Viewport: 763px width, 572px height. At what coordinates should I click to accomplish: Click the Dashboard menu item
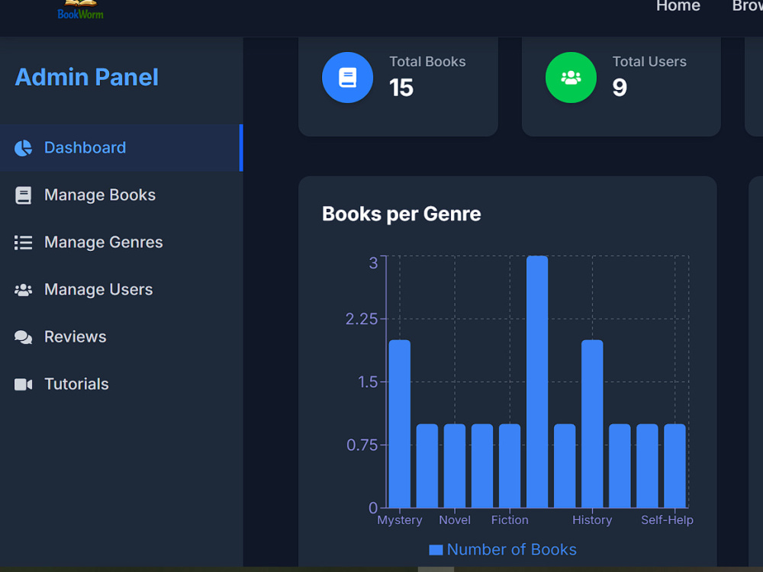[85, 147]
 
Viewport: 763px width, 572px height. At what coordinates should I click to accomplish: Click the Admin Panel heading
[87, 77]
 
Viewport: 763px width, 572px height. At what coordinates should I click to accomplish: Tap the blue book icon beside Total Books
[347, 77]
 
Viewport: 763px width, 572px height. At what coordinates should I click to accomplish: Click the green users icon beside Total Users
[571, 77]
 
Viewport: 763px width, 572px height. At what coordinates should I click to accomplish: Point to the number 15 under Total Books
[401, 88]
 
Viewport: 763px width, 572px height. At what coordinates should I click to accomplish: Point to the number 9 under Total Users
[620, 88]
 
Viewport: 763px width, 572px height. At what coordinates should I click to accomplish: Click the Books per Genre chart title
[401, 214]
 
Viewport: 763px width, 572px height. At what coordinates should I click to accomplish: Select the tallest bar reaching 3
[537, 382]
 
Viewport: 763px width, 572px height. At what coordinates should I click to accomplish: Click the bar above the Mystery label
[400, 423]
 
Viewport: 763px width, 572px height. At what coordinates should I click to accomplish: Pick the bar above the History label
[592, 423]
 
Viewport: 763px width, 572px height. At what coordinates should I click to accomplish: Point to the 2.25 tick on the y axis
[362, 319]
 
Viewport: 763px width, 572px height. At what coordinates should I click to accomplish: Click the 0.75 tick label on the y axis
[362, 445]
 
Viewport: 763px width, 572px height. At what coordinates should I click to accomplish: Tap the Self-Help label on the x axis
[667, 520]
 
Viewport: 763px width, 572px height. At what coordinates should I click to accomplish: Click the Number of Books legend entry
[503, 550]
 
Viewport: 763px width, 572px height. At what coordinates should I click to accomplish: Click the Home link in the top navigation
[678, 6]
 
